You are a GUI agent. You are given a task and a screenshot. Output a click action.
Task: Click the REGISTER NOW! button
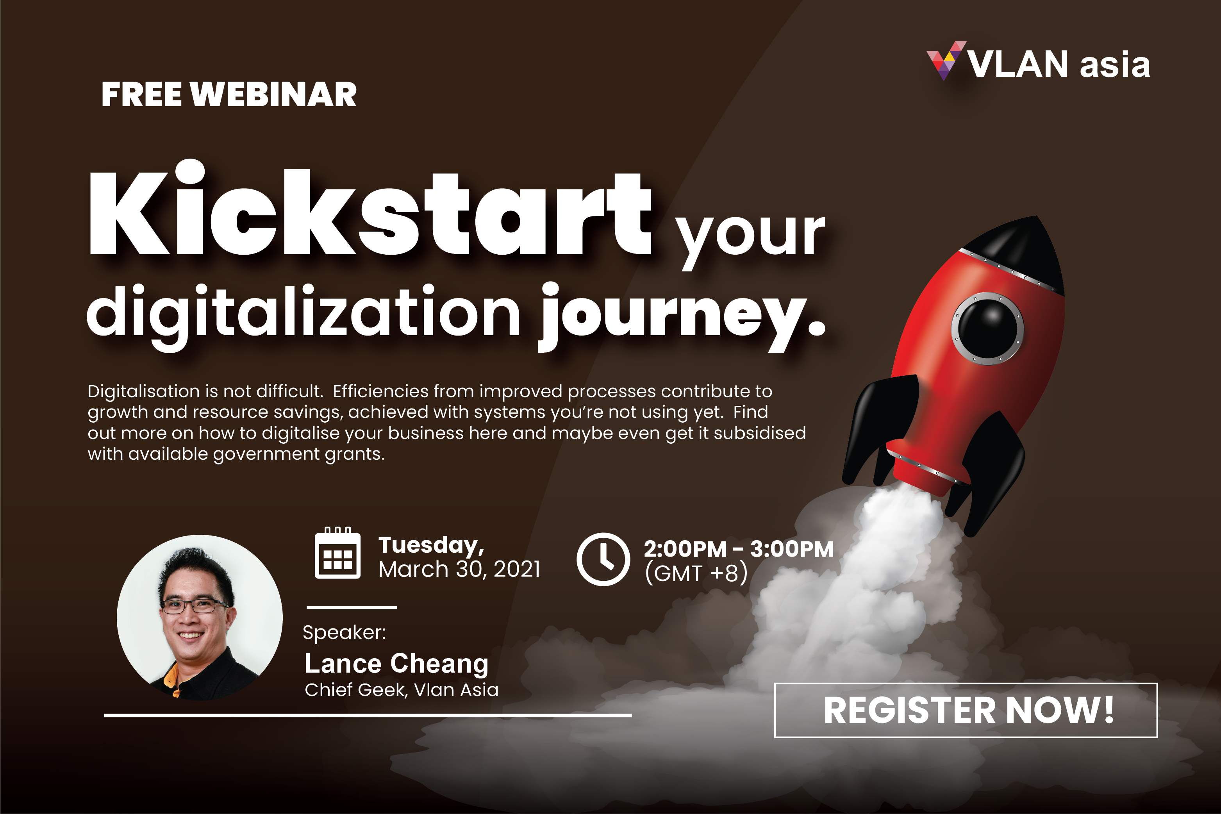[x=966, y=710]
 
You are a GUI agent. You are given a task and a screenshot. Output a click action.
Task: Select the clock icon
[x=603, y=559]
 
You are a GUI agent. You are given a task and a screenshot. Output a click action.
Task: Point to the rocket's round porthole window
[x=987, y=328]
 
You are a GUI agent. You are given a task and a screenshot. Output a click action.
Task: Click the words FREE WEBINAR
[x=229, y=95]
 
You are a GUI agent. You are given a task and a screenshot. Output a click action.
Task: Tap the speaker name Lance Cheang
[x=396, y=664]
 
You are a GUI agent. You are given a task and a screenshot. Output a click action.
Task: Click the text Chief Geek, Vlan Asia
[x=401, y=690]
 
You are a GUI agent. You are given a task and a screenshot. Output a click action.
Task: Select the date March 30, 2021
[x=459, y=569]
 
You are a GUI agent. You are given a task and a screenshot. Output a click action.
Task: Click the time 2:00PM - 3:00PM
[x=739, y=549]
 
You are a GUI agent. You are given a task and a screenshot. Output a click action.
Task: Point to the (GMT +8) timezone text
[x=696, y=573]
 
